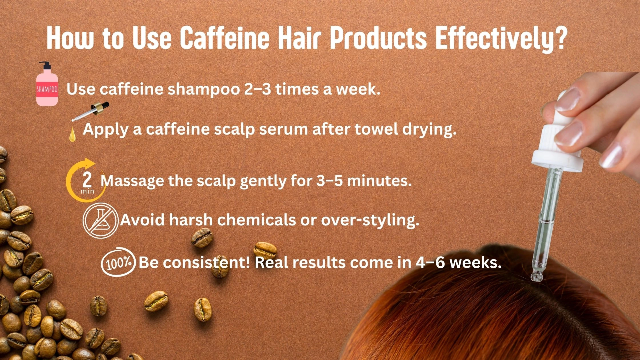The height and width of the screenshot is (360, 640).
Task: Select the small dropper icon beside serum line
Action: click(91, 112)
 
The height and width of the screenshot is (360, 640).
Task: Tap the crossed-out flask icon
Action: click(101, 221)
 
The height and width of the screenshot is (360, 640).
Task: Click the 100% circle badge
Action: click(118, 262)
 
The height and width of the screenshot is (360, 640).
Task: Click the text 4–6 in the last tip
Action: click(431, 263)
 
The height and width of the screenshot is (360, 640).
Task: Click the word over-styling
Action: click(370, 221)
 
